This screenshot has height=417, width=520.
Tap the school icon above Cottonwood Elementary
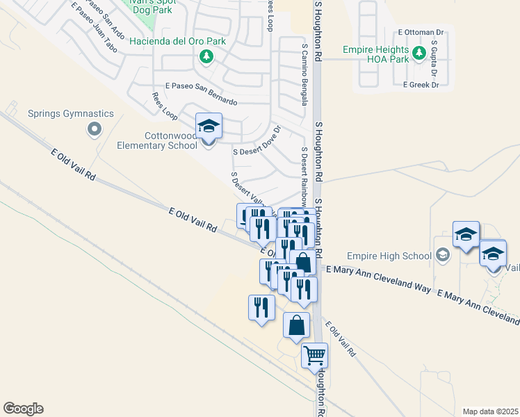209,126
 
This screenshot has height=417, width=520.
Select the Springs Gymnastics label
70,113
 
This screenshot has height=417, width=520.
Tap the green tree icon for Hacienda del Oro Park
206,56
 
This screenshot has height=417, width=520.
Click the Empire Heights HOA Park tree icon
419,53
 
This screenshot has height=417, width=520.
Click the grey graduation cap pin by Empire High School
442,256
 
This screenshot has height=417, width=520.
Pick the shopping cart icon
314,356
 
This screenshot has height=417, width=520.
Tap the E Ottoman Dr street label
421,33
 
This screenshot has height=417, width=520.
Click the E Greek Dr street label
421,85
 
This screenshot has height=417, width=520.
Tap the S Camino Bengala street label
304,74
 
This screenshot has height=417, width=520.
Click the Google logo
23,409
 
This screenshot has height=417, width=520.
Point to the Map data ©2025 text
490,411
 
